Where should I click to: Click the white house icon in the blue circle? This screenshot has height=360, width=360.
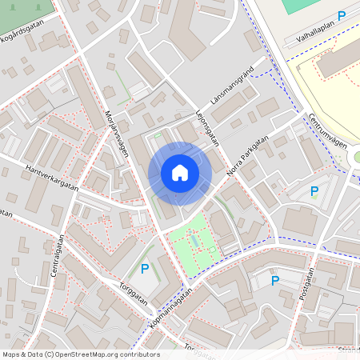click(180, 173)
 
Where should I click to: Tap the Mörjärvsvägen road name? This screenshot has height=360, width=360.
click(117, 132)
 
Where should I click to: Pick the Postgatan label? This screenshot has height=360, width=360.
click(306, 285)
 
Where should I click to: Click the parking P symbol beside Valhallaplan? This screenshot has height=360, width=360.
click(342, 15)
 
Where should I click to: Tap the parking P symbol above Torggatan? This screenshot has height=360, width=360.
click(145, 268)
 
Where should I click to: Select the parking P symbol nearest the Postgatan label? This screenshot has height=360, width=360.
click(275, 280)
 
